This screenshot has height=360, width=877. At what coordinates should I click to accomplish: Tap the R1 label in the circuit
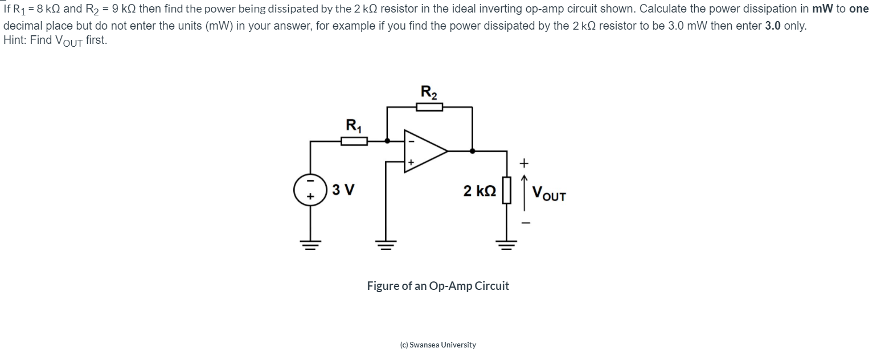(x=354, y=125)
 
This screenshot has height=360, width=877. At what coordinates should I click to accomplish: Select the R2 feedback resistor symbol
(x=429, y=107)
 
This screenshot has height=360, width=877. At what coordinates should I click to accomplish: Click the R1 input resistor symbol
(x=354, y=140)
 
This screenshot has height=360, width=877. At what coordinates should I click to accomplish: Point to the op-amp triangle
(x=424, y=151)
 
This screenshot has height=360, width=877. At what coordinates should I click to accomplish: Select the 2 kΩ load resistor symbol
(x=507, y=190)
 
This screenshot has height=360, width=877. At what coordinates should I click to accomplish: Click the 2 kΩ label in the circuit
(x=479, y=191)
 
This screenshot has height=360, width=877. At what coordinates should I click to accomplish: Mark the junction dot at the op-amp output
(x=472, y=151)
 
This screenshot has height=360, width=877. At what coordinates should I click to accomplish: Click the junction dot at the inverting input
(x=387, y=140)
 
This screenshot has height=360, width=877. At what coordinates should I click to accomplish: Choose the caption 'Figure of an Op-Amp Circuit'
(x=438, y=286)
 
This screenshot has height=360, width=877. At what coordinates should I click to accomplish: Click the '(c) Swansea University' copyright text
(x=438, y=345)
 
